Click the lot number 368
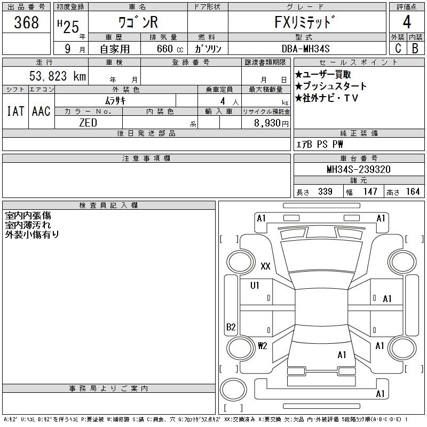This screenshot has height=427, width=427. pyautogui.click(x=27, y=22)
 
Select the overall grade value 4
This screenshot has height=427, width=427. pyautogui.click(x=407, y=22)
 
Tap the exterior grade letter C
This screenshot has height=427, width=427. pyautogui.click(x=398, y=48)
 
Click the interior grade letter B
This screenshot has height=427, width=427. pyautogui.click(x=415, y=48)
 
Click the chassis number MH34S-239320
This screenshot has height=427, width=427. pyautogui.click(x=358, y=170)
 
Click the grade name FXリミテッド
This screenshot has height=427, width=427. pyautogui.click(x=306, y=23)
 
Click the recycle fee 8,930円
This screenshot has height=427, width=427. pyautogui.click(x=270, y=123)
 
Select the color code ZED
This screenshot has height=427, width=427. pyautogui.click(x=88, y=122)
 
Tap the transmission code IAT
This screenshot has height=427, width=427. pyautogui.click(x=15, y=111)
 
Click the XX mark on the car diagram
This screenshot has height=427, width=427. pyautogui.click(x=265, y=266)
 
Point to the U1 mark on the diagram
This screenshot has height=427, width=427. pyautogui.click(x=255, y=286)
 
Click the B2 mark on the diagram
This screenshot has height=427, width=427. pyautogui.click(x=231, y=327)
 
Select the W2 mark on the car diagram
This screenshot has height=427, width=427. pyautogui.click(x=262, y=345)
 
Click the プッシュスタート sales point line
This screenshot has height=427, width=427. pyautogui.click(x=331, y=86)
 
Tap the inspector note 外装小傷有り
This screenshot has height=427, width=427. pyautogui.click(x=32, y=234)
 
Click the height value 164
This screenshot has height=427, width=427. pyautogui.click(x=412, y=192)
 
